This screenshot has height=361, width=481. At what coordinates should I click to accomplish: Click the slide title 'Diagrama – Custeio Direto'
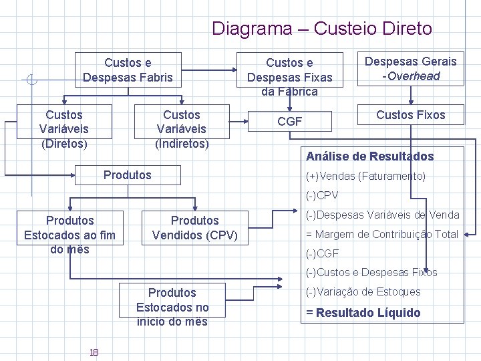[x=321, y=29]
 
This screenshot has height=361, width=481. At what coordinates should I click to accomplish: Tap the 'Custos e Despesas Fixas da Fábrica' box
[x=289, y=77]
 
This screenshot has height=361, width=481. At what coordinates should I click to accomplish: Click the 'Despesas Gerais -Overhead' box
[x=410, y=69]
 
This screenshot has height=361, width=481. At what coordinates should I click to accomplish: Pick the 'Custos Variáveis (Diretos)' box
[x=63, y=128]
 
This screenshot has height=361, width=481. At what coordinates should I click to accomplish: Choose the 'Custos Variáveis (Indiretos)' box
[x=182, y=128]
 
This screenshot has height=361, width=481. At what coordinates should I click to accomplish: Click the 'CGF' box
[x=290, y=122]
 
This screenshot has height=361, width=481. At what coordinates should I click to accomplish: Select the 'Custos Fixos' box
[x=410, y=115]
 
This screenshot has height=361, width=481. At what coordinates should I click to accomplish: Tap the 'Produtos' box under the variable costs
[x=128, y=175]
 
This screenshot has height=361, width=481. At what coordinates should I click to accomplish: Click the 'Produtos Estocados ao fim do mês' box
[x=69, y=234]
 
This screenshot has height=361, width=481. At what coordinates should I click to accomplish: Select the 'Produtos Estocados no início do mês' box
[x=172, y=307]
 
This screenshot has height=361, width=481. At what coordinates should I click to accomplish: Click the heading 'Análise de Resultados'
[x=369, y=156]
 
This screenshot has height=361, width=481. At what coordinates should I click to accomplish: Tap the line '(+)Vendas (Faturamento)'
[x=365, y=176]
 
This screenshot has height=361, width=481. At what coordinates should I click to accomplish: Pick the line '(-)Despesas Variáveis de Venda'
[x=382, y=215]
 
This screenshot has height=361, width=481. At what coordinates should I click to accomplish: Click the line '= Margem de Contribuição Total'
[x=381, y=234]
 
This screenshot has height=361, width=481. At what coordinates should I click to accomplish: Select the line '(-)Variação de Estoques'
[x=363, y=291]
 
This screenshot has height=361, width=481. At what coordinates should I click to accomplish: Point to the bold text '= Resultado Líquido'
[x=363, y=312]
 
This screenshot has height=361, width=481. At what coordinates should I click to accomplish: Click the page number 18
[x=94, y=352]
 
